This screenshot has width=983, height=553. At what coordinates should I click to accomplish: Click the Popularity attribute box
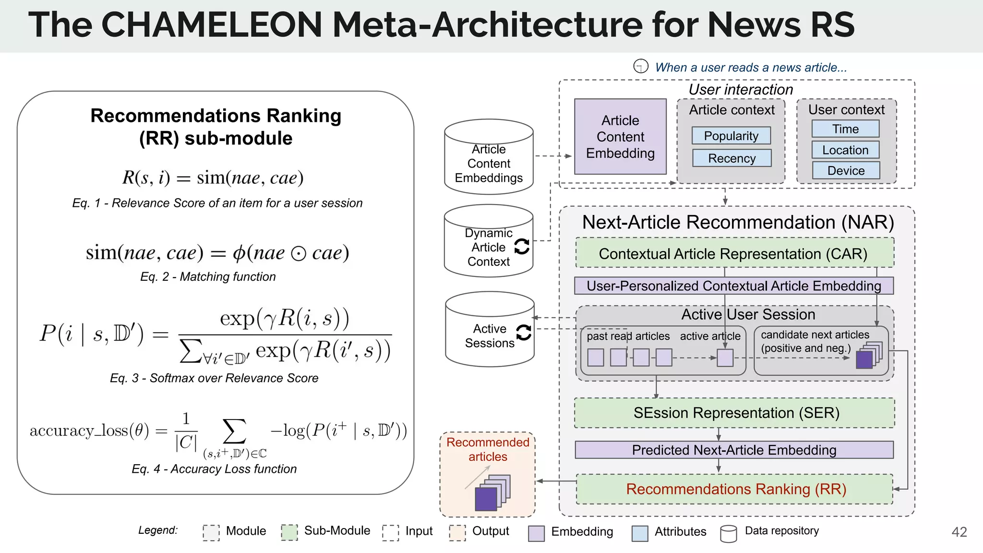pyautogui.click(x=731, y=136)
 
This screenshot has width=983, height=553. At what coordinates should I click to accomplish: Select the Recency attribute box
pyautogui.click(x=731, y=158)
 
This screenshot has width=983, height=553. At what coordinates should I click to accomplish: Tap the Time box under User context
pyautogui.click(x=845, y=129)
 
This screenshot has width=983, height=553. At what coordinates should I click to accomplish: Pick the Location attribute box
pyautogui.click(x=845, y=150)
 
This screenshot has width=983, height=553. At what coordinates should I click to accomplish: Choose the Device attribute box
pyautogui.click(x=846, y=170)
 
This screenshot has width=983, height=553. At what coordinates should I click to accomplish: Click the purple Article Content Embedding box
pyautogui.click(x=620, y=137)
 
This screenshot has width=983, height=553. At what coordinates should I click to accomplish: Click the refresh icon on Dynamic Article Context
pyautogui.click(x=522, y=247)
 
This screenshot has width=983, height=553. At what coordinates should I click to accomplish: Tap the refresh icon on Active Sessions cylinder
pyautogui.click(x=523, y=332)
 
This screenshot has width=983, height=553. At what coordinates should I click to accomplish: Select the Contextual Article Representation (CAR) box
pyautogui.click(x=734, y=253)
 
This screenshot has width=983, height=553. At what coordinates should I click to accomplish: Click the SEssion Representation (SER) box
pyautogui.click(x=734, y=413)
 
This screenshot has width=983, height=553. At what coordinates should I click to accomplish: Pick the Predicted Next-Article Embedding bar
pyautogui.click(x=734, y=450)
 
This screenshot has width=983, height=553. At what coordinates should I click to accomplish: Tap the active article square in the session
pyautogui.click(x=725, y=358)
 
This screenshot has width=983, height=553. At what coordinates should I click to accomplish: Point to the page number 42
pyautogui.click(x=959, y=532)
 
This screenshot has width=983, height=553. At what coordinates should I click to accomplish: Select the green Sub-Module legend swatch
pyautogui.click(x=289, y=532)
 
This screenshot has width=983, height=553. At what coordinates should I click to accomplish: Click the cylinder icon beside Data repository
pyautogui.click(x=729, y=533)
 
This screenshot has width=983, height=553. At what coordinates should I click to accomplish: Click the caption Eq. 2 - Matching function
pyautogui.click(x=208, y=276)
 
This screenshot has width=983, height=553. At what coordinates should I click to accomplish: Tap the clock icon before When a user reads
pyautogui.click(x=641, y=66)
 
